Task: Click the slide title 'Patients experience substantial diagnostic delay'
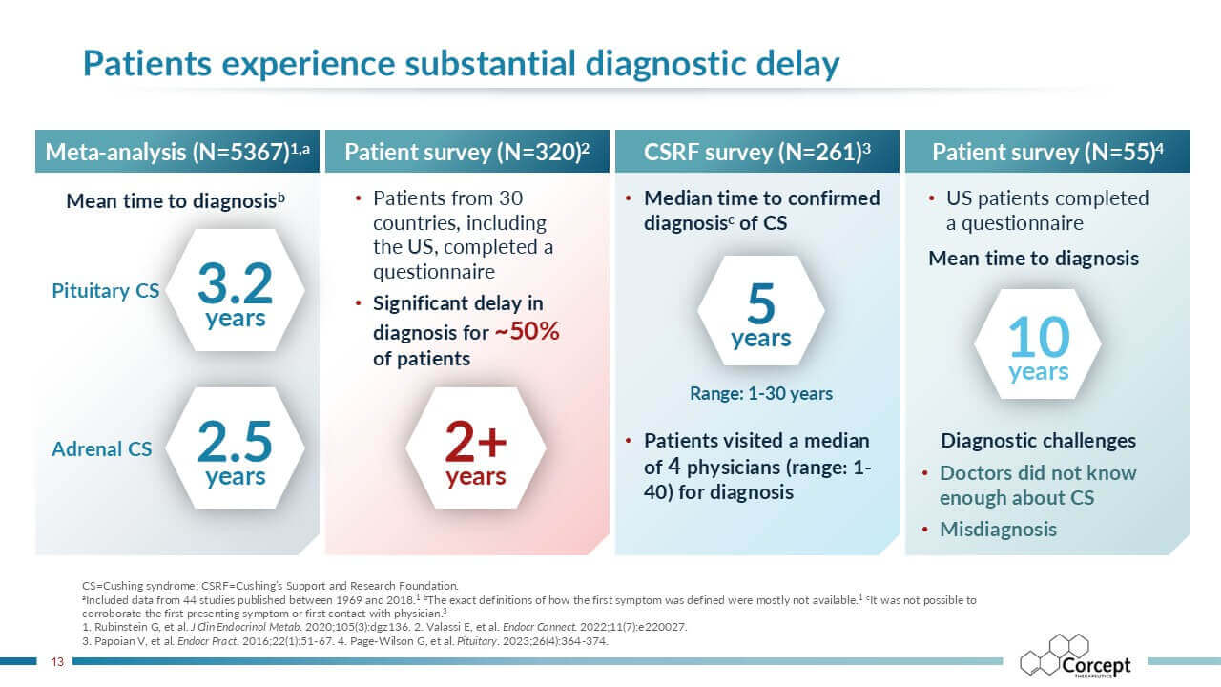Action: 461,64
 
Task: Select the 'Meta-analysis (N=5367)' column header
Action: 178,152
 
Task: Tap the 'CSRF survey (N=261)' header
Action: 757,152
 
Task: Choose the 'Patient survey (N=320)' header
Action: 467,152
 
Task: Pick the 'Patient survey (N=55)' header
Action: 1047,152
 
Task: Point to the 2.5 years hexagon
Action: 235,449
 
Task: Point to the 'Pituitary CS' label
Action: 105,291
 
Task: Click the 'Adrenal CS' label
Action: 101,448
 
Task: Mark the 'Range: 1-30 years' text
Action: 761,393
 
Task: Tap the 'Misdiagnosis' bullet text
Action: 998,530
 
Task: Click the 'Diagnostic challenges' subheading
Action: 1038,441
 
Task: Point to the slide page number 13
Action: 56,660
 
